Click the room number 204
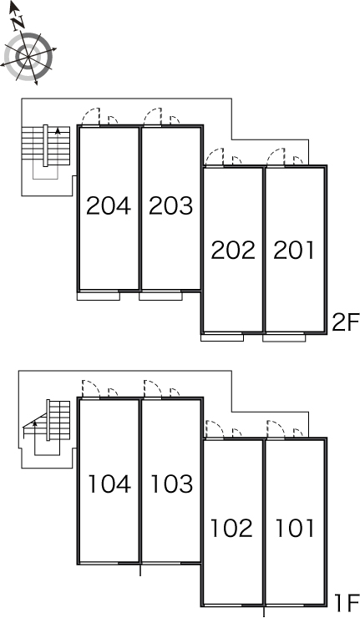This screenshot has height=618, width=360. pos(109,205)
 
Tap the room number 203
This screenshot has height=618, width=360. pos(170,205)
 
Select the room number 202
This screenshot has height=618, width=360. pos(233,251)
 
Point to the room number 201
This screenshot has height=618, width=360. pos(294,251)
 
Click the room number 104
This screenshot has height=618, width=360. pos(109,484)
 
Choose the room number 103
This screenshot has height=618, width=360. pos(171,484)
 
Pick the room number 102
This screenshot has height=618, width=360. pos(231,528)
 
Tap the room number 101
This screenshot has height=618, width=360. pos(295,528)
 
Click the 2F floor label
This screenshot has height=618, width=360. pos(346,323)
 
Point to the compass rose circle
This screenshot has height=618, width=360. pos(28,57)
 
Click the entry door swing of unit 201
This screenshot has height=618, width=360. pos(276,157)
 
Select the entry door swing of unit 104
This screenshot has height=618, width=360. pos(91,389)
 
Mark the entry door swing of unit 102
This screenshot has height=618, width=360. pos(215,429)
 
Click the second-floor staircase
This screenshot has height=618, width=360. pos(46,152)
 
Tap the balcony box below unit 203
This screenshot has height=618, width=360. pos(160,296)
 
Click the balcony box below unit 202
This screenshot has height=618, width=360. pos(222,337)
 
